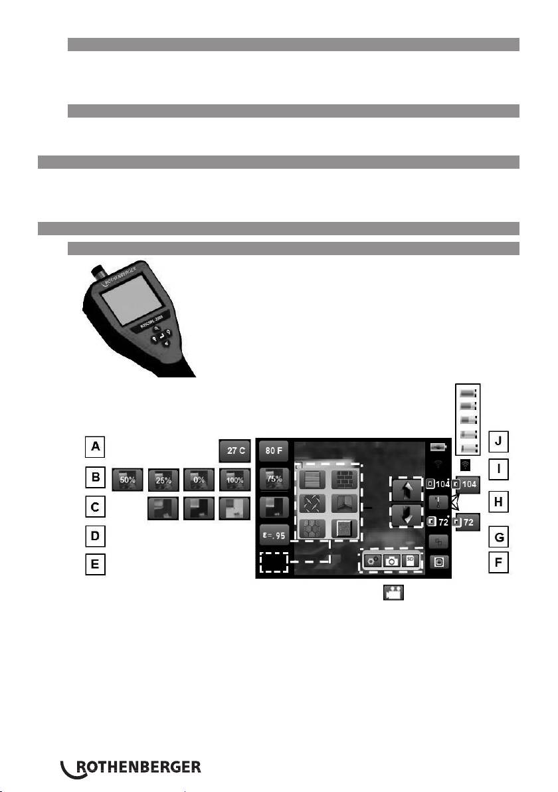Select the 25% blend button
point(164,478)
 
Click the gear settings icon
point(373,561)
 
